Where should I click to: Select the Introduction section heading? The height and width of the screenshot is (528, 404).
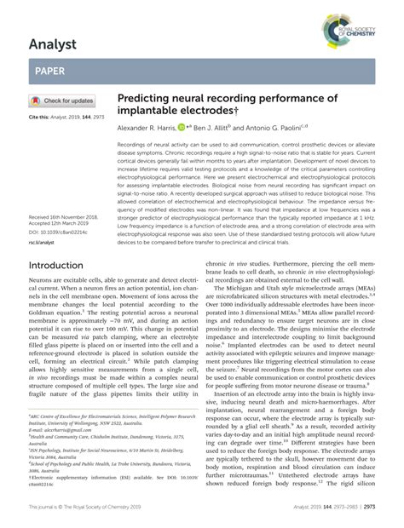pos(56,265)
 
